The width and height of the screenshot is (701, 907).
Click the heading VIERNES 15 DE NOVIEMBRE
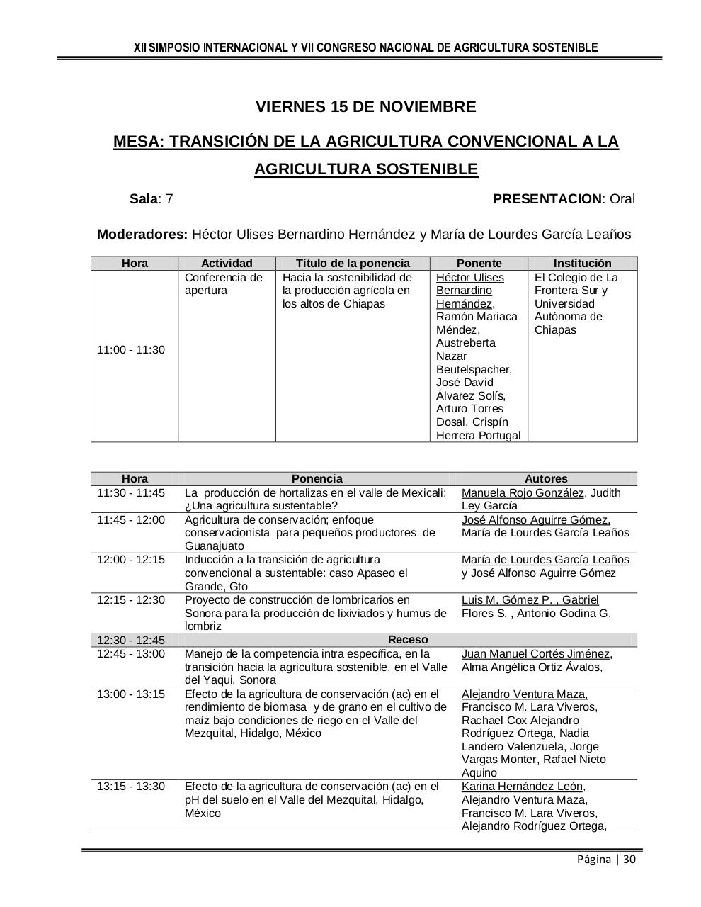click(365, 107)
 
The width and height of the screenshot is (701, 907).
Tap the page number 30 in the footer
click(629, 860)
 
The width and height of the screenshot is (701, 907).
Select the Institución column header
click(582, 263)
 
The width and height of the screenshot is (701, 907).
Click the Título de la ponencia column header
click(353, 263)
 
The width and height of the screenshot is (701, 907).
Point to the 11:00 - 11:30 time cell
click(131, 350)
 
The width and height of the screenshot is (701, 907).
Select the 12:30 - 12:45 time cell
click(131, 641)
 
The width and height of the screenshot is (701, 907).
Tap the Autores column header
click(546, 479)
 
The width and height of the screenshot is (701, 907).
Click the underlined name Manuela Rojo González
click(523, 493)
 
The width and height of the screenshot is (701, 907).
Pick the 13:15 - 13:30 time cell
click(131, 787)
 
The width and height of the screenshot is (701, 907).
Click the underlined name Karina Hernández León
click(523, 787)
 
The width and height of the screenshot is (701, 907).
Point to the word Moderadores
click(142, 235)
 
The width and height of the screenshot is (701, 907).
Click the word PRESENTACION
click(547, 199)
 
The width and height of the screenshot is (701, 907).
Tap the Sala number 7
click(169, 199)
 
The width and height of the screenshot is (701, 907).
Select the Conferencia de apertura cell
click(223, 284)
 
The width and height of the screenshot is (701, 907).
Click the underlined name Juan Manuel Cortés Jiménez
click(536, 654)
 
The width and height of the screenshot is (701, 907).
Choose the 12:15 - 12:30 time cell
click(131, 600)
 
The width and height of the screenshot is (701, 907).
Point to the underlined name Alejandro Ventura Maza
click(524, 694)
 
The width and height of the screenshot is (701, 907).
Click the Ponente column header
click(479, 263)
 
